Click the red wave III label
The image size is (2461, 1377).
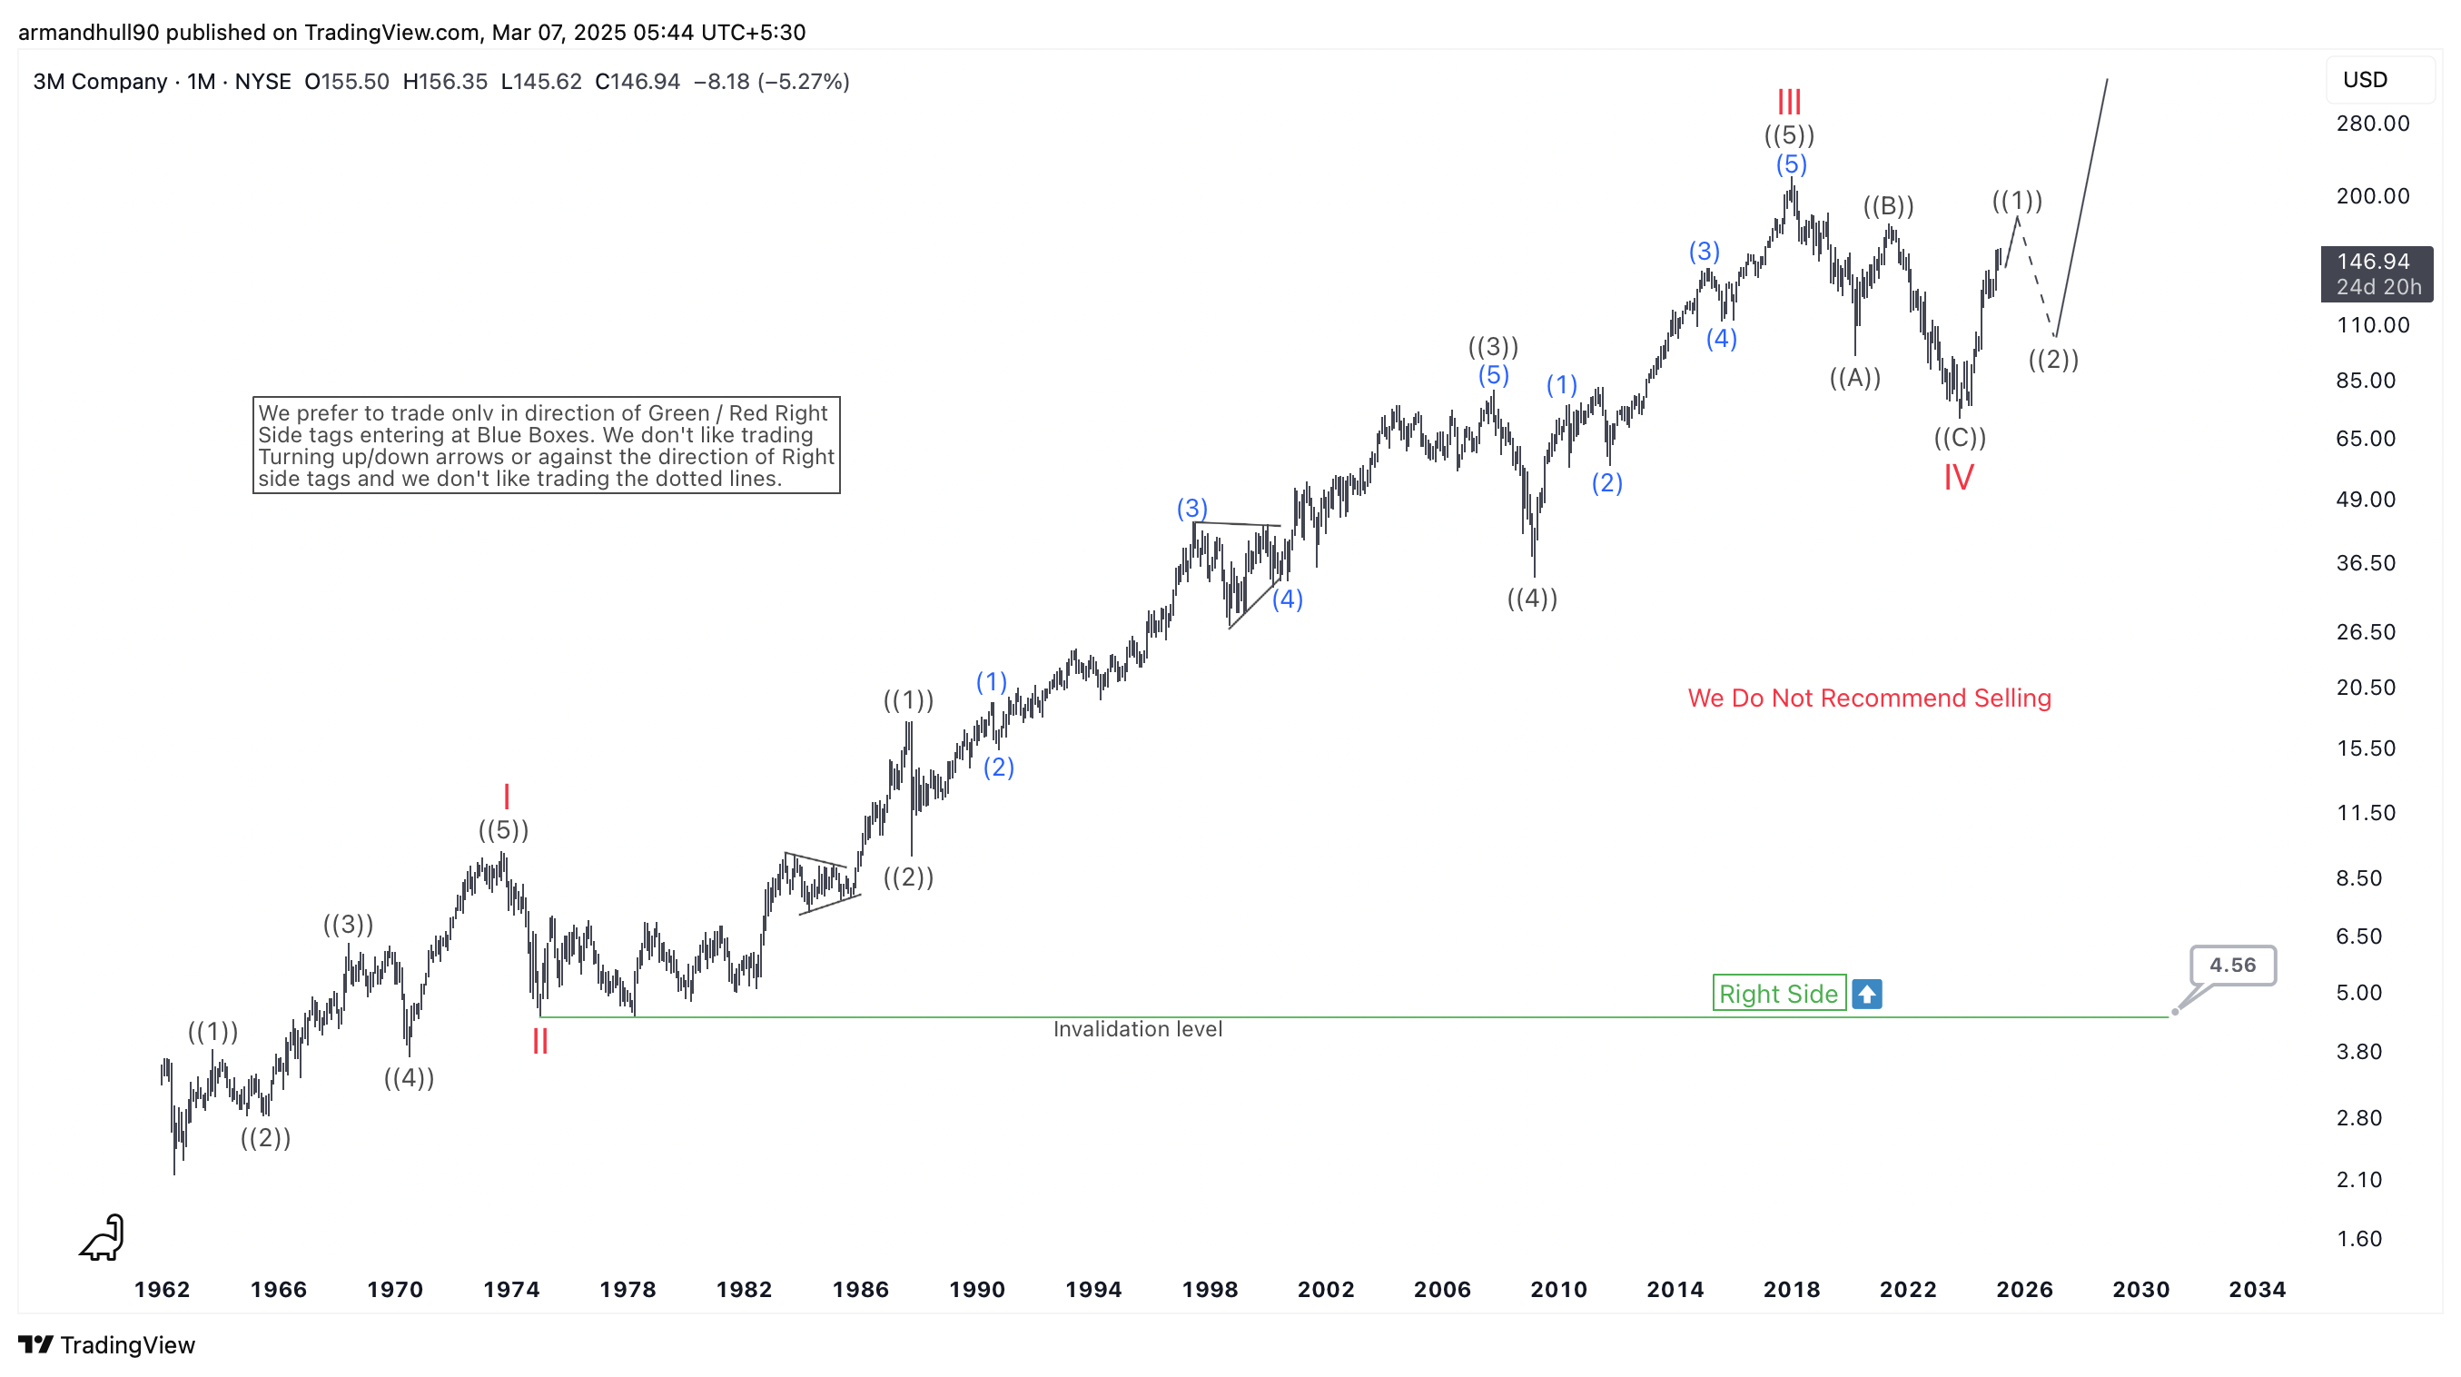click(x=1788, y=102)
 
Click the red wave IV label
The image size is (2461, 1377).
click(x=1959, y=478)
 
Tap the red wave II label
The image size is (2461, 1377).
click(x=539, y=1041)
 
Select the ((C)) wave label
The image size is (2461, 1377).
click(x=1960, y=438)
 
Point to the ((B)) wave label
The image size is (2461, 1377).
click(x=1888, y=205)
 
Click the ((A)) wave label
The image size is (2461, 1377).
click(x=1854, y=378)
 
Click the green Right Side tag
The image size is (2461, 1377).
click(x=1778, y=994)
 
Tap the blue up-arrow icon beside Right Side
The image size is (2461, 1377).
click(x=1867, y=994)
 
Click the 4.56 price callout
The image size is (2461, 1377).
click(x=2232, y=966)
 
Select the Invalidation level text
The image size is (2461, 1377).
click(x=1137, y=1029)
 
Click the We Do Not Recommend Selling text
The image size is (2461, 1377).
click(x=1869, y=698)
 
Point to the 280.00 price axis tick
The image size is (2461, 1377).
click(x=2372, y=124)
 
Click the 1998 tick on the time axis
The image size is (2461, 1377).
click(x=1210, y=1289)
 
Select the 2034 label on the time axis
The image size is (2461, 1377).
click(x=2257, y=1289)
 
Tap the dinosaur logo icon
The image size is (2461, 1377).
click(x=104, y=1237)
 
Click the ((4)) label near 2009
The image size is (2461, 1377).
click(x=1531, y=599)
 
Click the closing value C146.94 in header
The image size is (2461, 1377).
click(x=637, y=81)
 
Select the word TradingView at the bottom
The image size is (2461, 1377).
click(x=127, y=1344)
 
